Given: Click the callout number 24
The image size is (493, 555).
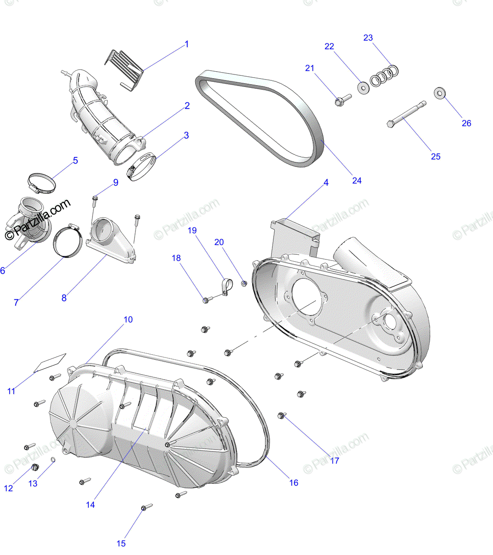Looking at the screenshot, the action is coord(357,180).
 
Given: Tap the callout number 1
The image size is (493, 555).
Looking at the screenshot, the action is coord(186,44).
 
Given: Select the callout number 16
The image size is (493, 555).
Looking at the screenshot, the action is coord(294,483).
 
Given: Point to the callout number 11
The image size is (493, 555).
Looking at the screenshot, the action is coord(11,391).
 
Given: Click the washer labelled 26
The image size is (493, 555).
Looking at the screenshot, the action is coord(439,92).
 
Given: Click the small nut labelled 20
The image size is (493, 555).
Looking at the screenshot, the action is coord(244,283).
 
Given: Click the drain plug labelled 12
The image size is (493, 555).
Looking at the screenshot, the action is coord(34,468).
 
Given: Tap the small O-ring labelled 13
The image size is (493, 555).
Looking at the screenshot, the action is coord(53,459).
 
